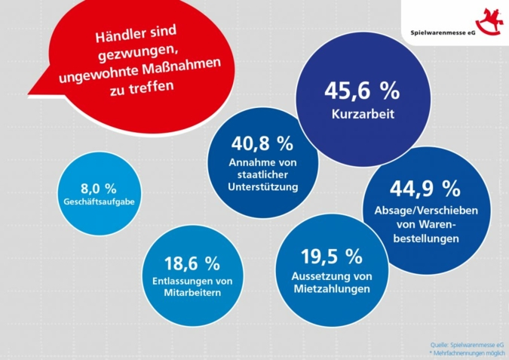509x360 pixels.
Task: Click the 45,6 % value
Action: [361, 91]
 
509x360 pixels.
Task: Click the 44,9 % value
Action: [425, 186]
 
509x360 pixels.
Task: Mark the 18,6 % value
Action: [192, 263]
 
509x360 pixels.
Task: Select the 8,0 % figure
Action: [98, 188]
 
